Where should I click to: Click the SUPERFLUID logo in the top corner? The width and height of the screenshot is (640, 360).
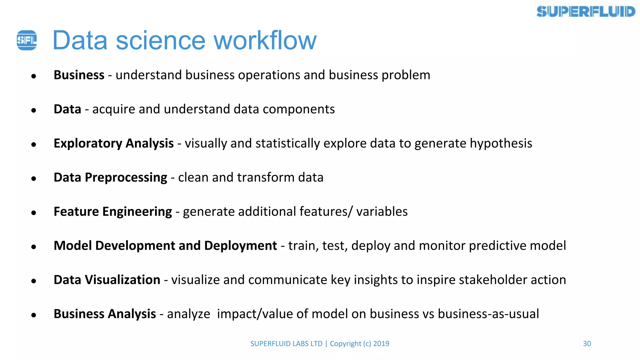pyautogui.click(x=586, y=12)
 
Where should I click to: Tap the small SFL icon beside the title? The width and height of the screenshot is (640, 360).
pyautogui.click(x=27, y=40)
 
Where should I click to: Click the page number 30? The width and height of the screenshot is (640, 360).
pyautogui.click(x=587, y=343)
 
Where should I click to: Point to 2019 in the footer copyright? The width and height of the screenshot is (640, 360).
pyautogui.click(x=381, y=343)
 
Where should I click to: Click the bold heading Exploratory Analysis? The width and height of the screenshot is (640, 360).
pyautogui.click(x=113, y=143)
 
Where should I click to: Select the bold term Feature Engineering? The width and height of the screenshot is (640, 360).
pyautogui.click(x=112, y=212)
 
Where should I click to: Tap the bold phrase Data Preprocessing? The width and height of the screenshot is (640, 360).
pyautogui.click(x=110, y=177)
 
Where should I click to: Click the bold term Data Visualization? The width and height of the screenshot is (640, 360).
pyautogui.click(x=107, y=280)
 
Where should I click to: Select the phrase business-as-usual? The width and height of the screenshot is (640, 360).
pyautogui.click(x=488, y=314)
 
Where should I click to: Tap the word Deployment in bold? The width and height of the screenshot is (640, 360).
pyautogui.click(x=241, y=246)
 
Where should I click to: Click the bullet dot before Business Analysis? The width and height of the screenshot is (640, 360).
pyautogui.click(x=34, y=315)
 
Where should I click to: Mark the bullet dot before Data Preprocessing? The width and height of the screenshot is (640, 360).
pyautogui.click(x=34, y=178)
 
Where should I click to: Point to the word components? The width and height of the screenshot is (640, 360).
pyautogui.click(x=299, y=109)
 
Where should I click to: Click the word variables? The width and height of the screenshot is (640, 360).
pyautogui.click(x=382, y=212)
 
